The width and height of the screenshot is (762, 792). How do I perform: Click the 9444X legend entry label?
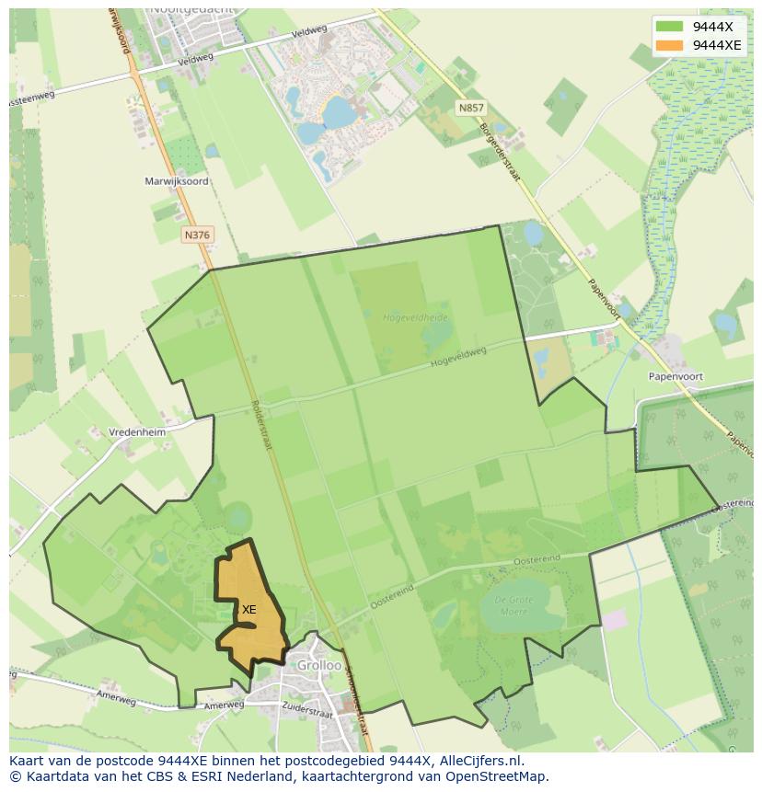coord(712,26)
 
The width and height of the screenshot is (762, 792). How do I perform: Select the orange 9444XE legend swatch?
coord(670,45)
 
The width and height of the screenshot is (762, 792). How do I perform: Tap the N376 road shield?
coord(197,235)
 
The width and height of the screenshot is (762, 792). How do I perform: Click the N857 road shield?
coord(470,108)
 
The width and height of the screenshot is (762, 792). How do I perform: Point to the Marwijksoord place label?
coord(177,181)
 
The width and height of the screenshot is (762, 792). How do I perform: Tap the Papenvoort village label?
coord(675,376)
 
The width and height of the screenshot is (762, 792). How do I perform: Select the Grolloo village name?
coord(318,665)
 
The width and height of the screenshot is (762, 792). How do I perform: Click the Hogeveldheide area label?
coord(415,317)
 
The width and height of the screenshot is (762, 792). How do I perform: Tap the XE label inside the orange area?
coord(248,609)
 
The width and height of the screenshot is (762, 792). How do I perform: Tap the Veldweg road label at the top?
coord(308,31)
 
